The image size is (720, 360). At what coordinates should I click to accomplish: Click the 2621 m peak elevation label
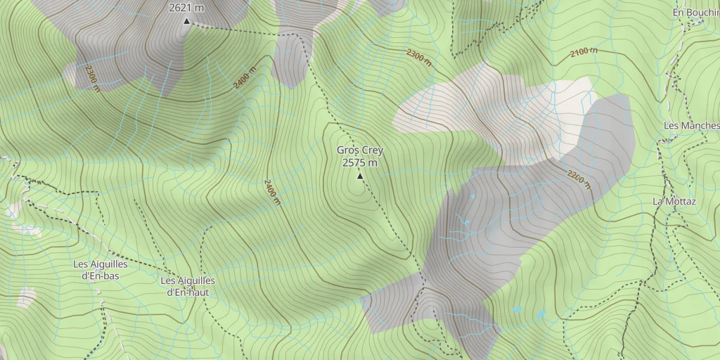186,8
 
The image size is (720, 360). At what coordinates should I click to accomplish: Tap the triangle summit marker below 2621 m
186,21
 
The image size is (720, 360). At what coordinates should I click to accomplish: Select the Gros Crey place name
360,150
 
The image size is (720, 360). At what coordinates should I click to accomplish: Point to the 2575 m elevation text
360,162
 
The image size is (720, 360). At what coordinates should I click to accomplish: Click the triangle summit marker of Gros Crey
360,176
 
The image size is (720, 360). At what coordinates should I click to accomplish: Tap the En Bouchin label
696,13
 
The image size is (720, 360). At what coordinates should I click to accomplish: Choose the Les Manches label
692,126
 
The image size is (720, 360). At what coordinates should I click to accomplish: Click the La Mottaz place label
674,201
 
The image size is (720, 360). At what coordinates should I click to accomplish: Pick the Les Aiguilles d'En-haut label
188,286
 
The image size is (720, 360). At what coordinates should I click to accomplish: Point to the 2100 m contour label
584,53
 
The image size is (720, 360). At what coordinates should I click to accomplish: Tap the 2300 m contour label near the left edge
92,79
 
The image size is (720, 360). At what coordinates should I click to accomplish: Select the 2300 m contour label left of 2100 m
418,56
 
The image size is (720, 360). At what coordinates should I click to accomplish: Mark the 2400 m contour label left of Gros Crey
272,192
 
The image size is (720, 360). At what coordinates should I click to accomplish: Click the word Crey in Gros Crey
373,150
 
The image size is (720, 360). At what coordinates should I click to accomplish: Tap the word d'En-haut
188,292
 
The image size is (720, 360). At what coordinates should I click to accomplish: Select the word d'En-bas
100,276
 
